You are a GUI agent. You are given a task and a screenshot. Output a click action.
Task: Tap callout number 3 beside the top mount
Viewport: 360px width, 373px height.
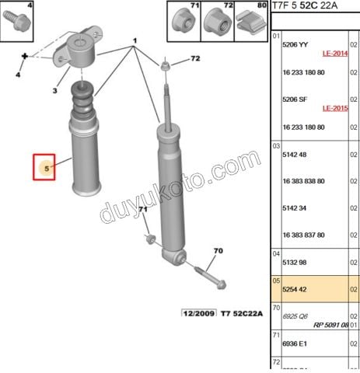coord(54,91)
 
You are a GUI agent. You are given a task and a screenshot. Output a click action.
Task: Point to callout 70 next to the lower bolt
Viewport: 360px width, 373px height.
coord(218,250)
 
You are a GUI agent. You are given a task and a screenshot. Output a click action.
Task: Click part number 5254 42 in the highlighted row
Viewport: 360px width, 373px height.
coord(295,288)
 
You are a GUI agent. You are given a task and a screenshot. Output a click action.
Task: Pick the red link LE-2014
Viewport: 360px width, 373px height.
coord(334,54)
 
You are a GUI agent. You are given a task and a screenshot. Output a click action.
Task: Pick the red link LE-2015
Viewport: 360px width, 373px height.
coord(334,108)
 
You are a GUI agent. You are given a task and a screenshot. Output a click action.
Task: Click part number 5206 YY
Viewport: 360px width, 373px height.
coord(295,45)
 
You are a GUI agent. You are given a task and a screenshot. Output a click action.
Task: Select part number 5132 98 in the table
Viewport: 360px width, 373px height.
coord(295,262)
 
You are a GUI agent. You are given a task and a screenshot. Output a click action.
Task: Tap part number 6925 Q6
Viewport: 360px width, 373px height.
coord(295,316)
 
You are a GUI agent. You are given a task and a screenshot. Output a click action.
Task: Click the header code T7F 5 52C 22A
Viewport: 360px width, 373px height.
coord(306,6)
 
